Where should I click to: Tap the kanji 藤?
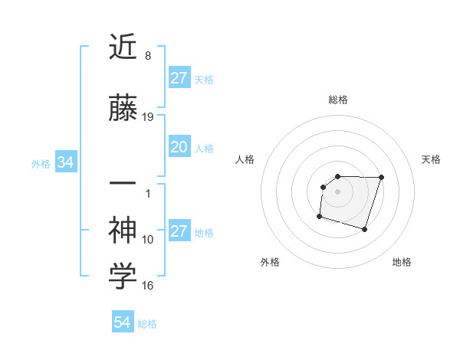[x=123, y=110]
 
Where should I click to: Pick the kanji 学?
[x=123, y=277]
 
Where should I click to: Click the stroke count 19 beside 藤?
[x=149, y=117]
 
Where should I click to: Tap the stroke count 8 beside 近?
[x=147, y=56]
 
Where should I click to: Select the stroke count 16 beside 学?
[x=148, y=286]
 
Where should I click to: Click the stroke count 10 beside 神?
[x=148, y=240]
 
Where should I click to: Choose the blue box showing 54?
[x=122, y=323]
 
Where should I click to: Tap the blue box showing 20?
[x=179, y=147]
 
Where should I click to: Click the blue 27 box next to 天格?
[x=179, y=78]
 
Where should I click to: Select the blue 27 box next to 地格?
[x=179, y=231]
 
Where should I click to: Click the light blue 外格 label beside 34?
[x=41, y=163]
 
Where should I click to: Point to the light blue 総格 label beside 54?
[x=147, y=324]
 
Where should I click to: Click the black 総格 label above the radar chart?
[x=338, y=100]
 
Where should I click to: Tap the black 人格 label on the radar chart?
[x=245, y=159]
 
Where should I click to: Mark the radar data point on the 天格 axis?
[x=381, y=177]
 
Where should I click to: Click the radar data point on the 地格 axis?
[x=364, y=230]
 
